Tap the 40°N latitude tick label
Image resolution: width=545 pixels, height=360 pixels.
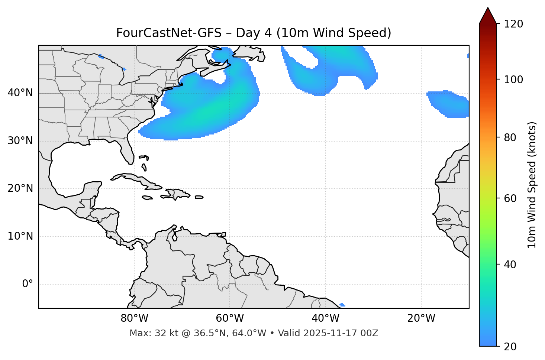[20, 93]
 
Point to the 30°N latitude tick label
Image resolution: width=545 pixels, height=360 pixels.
[20, 141]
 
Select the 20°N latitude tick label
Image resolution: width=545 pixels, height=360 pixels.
[20, 188]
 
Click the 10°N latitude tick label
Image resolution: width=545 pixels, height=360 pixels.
[20, 236]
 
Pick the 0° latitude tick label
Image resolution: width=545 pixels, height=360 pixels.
[27, 284]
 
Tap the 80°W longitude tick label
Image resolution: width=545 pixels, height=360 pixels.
[134, 318]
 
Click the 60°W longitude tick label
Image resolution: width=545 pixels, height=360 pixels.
[230, 318]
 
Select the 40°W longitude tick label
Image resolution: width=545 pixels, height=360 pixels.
[325, 318]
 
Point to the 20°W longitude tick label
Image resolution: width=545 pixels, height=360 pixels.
[421, 318]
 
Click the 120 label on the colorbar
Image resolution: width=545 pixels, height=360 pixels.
[514, 24]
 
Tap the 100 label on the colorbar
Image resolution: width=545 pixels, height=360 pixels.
[514, 80]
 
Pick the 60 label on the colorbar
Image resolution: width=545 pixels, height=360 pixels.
[511, 198]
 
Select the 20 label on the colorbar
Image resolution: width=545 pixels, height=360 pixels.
[511, 347]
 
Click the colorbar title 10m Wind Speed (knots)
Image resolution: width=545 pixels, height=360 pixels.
[532, 185]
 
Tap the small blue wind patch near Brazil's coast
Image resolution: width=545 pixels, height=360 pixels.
[342, 305]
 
